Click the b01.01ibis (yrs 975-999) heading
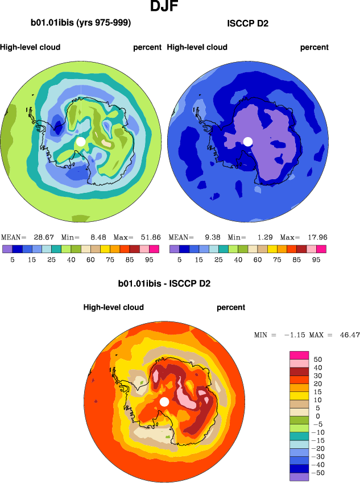click(x=81, y=23)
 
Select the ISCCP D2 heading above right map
click(x=247, y=23)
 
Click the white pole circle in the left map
click(x=81, y=141)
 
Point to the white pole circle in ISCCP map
click(x=247, y=141)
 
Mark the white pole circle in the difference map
click(x=164, y=402)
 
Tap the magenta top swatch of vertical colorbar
click(x=299, y=355)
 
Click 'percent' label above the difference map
click(x=231, y=307)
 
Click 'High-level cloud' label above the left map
click(x=30, y=47)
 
